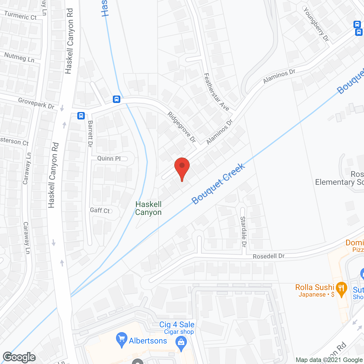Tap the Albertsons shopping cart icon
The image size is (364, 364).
(122, 340)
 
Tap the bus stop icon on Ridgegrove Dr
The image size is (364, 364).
(116, 99)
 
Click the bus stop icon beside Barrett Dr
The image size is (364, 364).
(81, 116)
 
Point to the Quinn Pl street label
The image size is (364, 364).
(109, 158)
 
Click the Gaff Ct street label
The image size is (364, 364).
(100, 210)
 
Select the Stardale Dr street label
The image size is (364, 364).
(243, 231)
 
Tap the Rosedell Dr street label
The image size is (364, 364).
(268, 256)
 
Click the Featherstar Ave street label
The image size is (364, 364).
(217, 92)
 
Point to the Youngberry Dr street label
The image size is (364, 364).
(316, 24)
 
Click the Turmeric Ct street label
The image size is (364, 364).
(20, 16)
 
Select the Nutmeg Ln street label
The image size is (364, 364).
(19, 57)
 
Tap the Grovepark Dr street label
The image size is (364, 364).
(36, 103)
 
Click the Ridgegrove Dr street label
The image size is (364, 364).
(182, 127)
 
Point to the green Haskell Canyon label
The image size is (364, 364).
(148, 208)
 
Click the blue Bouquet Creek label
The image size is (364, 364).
(218, 184)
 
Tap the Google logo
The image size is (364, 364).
(19, 357)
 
